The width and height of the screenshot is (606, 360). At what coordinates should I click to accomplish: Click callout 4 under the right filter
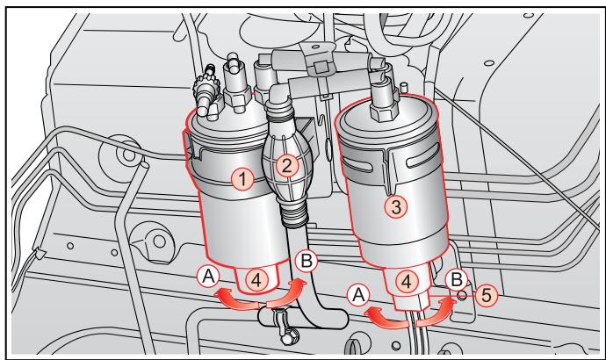[406, 284]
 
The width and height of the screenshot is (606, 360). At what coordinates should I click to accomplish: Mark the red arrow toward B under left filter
[287, 295]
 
